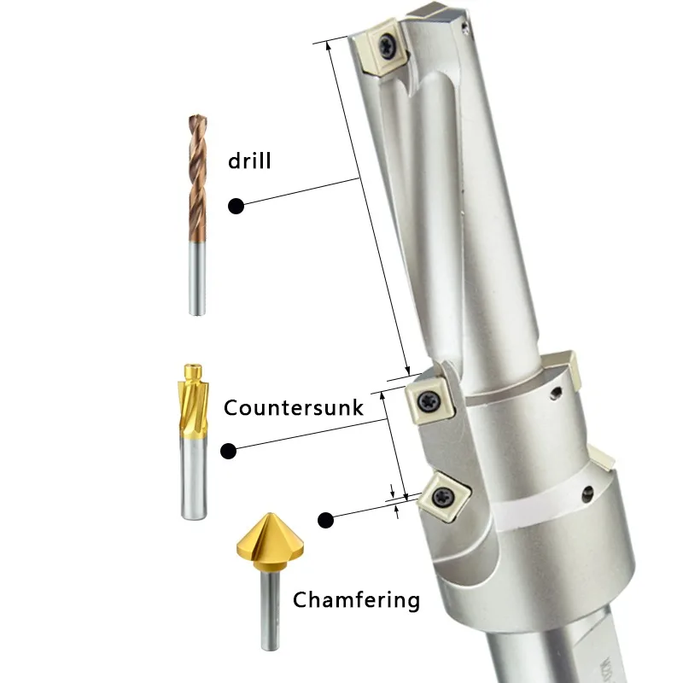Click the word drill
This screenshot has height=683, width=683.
249,161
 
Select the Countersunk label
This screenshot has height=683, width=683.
293,408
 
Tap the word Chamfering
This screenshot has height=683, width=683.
356,600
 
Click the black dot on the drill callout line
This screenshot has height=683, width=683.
236,206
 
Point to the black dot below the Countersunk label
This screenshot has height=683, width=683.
228,452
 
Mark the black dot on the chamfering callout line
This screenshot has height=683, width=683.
325,520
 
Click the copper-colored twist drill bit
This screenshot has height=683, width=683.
197,178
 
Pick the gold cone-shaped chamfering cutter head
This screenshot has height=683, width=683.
270,540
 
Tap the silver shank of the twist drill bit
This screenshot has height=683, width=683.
197,278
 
